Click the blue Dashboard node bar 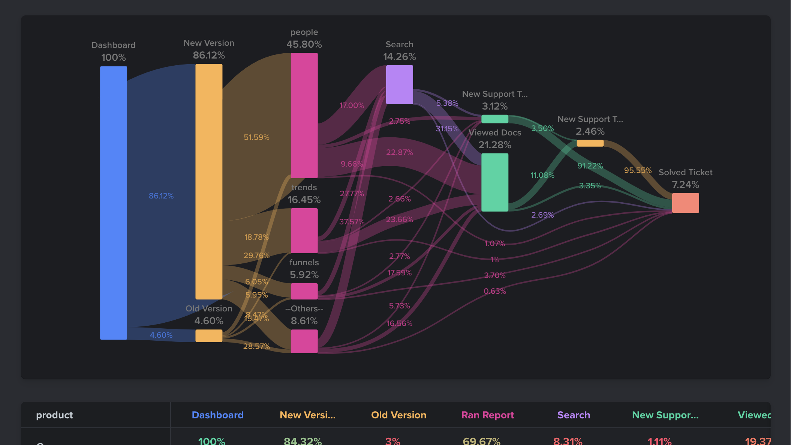pyautogui.click(x=113, y=203)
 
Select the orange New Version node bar pyautogui.click(x=209, y=181)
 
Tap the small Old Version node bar pyautogui.click(x=209, y=336)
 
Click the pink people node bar pyautogui.click(x=304, y=115)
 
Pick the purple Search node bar pyautogui.click(x=399, y=84)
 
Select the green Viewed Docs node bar pyautogui.click(x=494, y=182)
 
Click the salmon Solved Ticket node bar pyautogui.click(x=685, y=203)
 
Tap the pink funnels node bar pyautogui.click(x=304, y=291)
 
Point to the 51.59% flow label pyautogui.click(x=256, y=137)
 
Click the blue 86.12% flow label pyautogui.click(x=161, y=196)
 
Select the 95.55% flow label pyautogui.click(x=637, y=170)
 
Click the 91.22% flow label pyautogui.click(x=590, y=166)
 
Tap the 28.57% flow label pyautogui.click(x=256, y=346)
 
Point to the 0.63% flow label pyautogui.click(x=494, y=291)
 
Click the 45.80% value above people pyautogui.click(x=304, y=44)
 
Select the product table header pyautogui.click(x=54, y=415)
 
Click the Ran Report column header pyautogui.click(x=487, y=415)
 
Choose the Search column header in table pyautogui.click(x=573, y=415)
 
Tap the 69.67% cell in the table pyautogui.click(x=481, y=441)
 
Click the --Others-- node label pyautogui.click(x=304, y=309)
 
